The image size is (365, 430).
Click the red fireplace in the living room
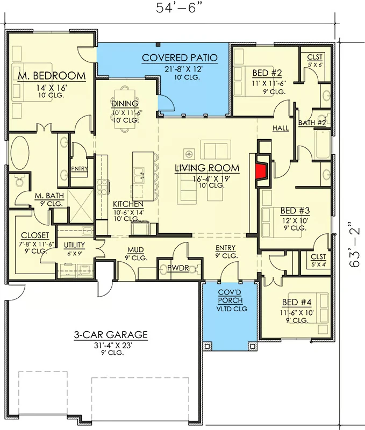tap(261, 171)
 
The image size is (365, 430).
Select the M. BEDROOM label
tap(52, 76)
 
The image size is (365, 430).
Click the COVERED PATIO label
tap(180, 58)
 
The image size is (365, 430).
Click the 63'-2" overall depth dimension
tap(354, 245)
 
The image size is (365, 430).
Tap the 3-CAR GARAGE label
tap(111, 334)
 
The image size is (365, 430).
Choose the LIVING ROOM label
tap(207, 168)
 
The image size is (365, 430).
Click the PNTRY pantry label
tap(79, 169)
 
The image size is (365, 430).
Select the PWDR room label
tap(178, 268)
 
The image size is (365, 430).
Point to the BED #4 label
tap(297, 302)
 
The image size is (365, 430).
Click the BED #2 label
tap(267, 73)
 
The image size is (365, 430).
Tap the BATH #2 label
tap(312, 123)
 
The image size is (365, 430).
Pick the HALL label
tap(281, 128)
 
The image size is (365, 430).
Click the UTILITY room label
tap(74, 245)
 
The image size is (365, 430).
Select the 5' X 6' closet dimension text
tap(315, 65)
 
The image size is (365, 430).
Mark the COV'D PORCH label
tap(231, 296)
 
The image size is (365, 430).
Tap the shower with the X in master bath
tap(80, 206)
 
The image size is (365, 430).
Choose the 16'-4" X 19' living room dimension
tap(211, 179)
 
